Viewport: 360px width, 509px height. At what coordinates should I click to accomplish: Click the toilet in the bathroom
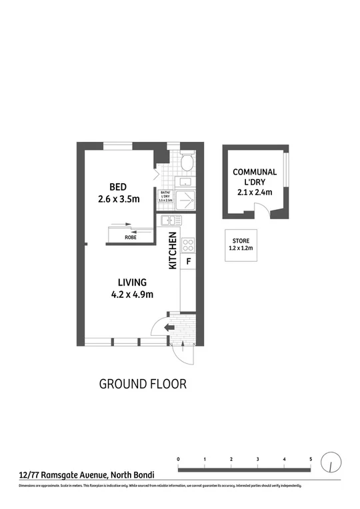pos(188,162)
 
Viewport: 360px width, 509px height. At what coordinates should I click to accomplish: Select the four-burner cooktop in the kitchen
pos(189,244)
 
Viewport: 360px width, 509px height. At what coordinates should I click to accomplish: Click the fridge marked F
pos(189,261)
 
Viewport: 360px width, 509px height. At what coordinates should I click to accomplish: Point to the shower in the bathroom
pos(188,199)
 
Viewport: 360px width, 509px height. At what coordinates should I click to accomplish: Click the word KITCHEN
pos(172,251)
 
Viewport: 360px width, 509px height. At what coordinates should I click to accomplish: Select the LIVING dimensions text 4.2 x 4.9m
pos(133,295)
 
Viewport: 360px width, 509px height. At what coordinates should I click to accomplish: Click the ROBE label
pos(131,236)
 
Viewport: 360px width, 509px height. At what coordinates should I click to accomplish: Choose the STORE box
pos(242,245)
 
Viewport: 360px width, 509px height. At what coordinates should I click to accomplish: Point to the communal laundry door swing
pos(263,212)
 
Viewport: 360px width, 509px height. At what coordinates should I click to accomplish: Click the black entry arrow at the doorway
pos(168,328)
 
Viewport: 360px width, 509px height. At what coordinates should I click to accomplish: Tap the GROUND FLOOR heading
pos(143,384)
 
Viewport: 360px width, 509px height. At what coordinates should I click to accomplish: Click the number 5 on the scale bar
pos(311,460)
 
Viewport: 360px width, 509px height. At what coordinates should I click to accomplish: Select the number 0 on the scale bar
pos(179,460)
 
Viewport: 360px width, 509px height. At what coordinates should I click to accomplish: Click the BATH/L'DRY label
pos(166,196)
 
